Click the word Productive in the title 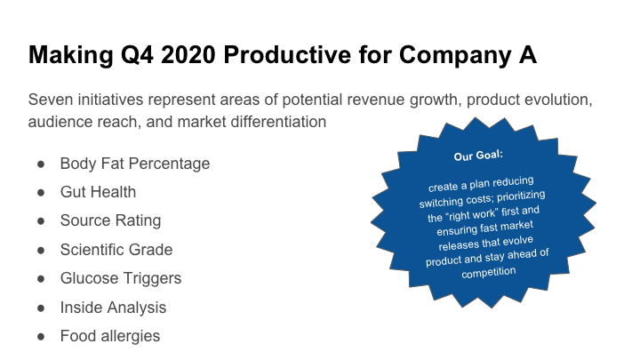coord(287,55)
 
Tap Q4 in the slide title coord(137,55)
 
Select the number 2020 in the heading coord(188,55)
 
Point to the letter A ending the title coord(528,55)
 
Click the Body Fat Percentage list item coord(135,164)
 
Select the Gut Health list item coord(98,192)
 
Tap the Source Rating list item coord(110,220)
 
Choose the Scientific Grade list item coord(116,250)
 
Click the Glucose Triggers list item coord(121,278)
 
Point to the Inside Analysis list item coord(113,308)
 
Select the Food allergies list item coord(110,336)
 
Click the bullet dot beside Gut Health coord(41,193)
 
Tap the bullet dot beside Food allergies coord(41,337)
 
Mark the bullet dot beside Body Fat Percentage coord(41,164)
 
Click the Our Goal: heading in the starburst coord(478,156)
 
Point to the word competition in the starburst coord(489,273)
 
